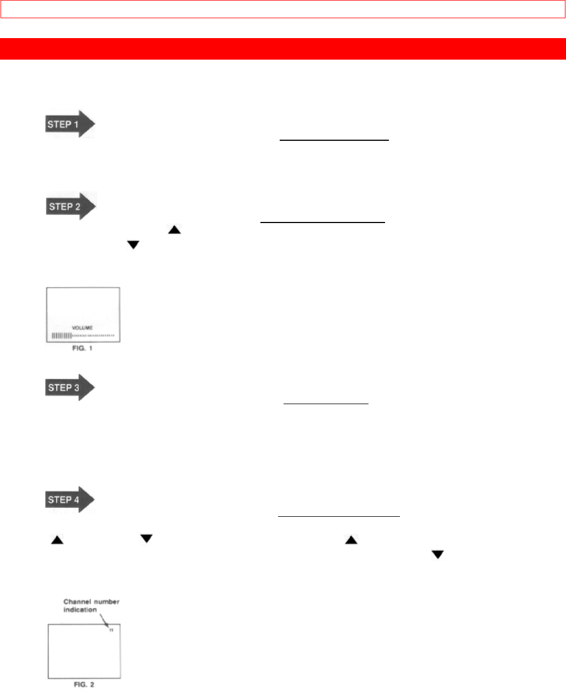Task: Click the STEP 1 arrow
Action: (69, 124)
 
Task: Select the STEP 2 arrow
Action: (70, 206)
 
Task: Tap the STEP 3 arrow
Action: (69, 388)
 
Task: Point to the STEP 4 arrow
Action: (69, 500)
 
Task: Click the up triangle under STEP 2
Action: (174, 229)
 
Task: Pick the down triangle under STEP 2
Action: (133, 245)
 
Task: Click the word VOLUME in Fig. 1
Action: (83, 328)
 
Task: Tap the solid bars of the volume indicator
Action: (62, 336)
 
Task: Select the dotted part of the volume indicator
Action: (93, 336)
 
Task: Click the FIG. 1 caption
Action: (83, 349)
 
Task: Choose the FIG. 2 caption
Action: (84, 685)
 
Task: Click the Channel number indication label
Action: (91, 606)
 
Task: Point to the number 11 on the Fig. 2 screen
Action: (111, 631)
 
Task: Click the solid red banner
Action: (283, 49)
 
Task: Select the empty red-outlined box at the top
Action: (283, 9)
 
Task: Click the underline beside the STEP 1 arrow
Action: (334, 141)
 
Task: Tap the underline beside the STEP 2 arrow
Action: (322, 222)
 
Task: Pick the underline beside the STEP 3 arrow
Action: (325, 404)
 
